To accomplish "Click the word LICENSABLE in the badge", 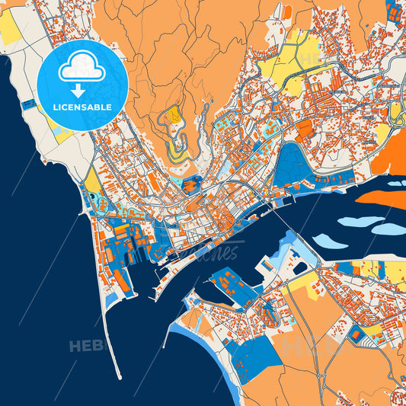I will (x=82, y=107).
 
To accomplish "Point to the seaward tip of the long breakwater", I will (x=119, y=376).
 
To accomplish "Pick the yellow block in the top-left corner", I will (x=10, y=27).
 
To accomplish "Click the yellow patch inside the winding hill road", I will (x=174, y=115).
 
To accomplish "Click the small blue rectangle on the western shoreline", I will (x=29, y=104).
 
